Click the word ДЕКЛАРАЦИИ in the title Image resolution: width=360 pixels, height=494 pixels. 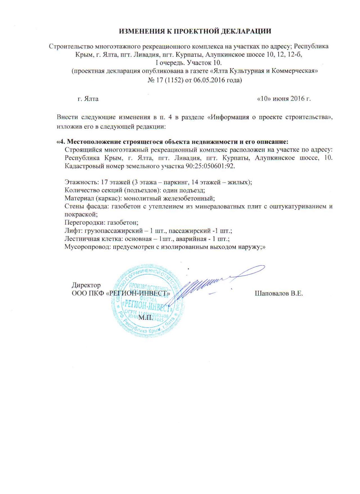coord(243,31)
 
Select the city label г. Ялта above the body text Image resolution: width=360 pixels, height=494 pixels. coord(88,99)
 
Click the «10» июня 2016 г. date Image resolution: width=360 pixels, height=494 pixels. coord(284,99)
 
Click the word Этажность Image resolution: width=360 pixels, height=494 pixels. coord(80,182)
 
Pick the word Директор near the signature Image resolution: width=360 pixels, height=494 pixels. coord(86,285)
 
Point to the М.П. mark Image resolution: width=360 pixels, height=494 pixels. coord(146,318)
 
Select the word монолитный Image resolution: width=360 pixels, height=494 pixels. coord(143,198)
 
